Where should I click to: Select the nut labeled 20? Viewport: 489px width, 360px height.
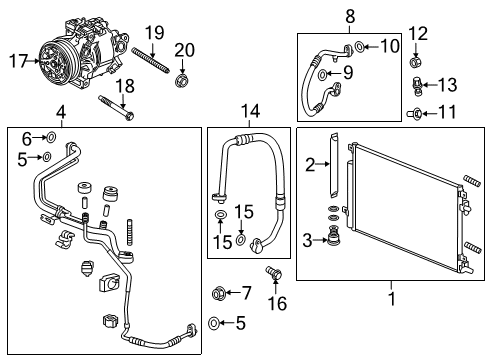(181, 78)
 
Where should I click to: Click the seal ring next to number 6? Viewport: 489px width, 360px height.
(51, 138)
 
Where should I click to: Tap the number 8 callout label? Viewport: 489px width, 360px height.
(350, 16)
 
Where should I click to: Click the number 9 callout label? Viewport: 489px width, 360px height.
(388, 47)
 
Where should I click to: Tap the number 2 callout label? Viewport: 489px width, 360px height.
(310, 164)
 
